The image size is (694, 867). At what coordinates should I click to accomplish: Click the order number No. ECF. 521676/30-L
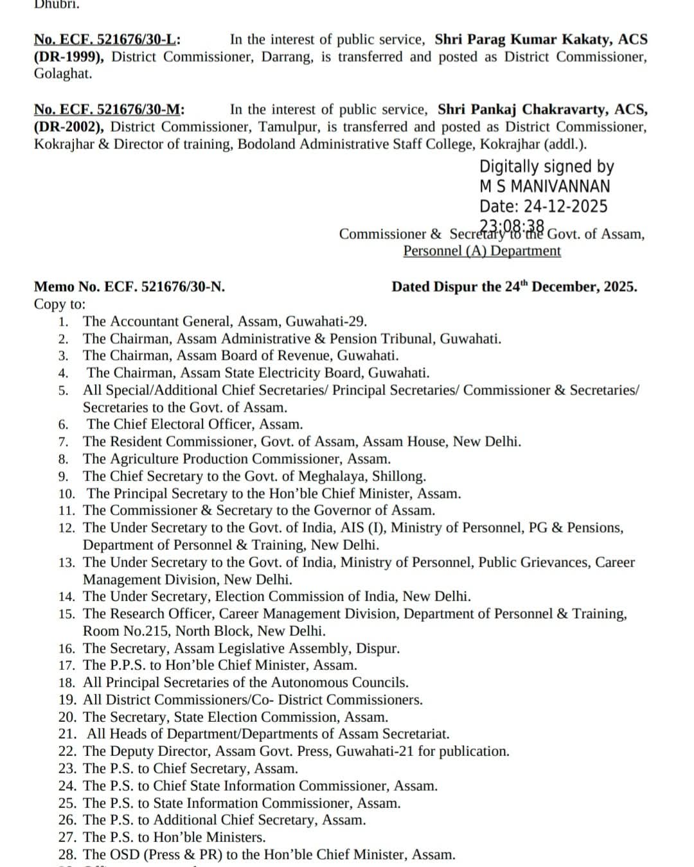click(x=107, y=40)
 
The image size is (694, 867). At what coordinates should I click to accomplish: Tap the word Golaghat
click(x=63, y=73)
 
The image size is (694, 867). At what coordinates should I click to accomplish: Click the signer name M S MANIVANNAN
click(x=545, y=186)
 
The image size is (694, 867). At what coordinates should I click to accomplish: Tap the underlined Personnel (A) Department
click(x=482, y=250)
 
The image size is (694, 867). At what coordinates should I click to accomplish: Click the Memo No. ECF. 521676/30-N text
click(x=129, y=286)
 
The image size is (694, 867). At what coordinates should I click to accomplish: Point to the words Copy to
click(x=59, y=304)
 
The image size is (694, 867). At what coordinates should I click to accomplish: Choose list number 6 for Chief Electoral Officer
click(x=63, y=425)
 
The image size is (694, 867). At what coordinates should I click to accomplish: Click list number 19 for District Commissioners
click(x=67, y=700)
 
